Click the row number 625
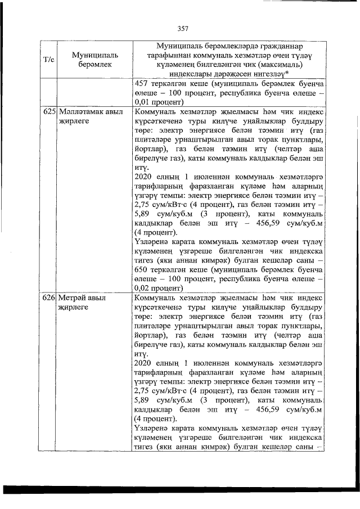point(49,112)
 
